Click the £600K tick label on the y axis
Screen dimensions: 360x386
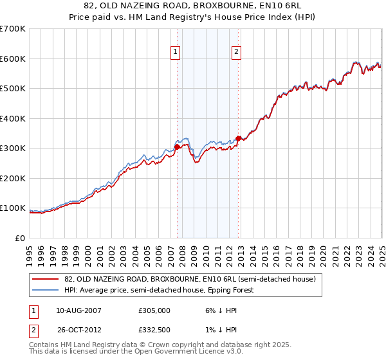(13, 59)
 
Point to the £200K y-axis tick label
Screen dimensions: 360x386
(13, 179)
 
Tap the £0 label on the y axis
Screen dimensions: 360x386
(21, 239)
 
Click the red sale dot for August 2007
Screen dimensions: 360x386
(178, 147)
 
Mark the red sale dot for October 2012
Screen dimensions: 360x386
(238, 138)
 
